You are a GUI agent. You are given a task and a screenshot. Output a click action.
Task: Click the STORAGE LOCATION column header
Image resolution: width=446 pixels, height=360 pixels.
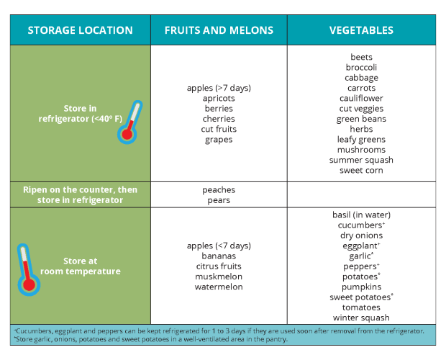click(x=80, y=30)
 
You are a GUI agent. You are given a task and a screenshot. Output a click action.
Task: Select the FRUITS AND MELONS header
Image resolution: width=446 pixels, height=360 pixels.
click(x=219, y=30)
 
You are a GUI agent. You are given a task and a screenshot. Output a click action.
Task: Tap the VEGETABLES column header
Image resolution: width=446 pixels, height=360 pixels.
click(x=361, y=30)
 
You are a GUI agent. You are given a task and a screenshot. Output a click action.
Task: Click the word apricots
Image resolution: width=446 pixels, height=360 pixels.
click(x=219, y=99)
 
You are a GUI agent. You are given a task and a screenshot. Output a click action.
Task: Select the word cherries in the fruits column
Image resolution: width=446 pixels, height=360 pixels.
click(x=219, y=119)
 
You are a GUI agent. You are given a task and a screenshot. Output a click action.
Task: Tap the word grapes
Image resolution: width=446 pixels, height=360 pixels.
click(x=219, y=140)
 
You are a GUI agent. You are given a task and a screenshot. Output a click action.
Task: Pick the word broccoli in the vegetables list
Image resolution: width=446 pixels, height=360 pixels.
click(x=361, y=68)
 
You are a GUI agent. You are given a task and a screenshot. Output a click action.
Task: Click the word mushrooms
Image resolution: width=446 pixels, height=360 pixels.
click(x=361, y=150)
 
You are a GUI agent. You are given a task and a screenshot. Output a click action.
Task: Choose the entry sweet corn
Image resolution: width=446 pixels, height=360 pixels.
click(x=361, y=171)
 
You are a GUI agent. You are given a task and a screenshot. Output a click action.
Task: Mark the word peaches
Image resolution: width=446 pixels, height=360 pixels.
click(x=219, y=190)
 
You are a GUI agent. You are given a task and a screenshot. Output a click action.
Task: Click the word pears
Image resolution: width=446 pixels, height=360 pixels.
click(x=219, y=200)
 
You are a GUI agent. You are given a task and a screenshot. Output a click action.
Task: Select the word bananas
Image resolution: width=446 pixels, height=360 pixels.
click(x=219, y=256)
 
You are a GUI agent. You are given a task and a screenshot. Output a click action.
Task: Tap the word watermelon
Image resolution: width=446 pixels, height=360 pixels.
click(x=219, y=287)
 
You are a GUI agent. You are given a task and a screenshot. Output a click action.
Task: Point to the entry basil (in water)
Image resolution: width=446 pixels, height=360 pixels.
click(x=361, y=215)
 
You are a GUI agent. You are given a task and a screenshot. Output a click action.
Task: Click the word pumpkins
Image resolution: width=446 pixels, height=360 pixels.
click(x=361, y=287)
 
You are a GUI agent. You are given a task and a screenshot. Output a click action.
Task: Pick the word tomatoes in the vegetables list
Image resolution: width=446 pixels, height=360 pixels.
click(x=361, y=307)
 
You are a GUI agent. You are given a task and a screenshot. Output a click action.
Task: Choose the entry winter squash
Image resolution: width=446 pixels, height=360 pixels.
click(x=361, y=318)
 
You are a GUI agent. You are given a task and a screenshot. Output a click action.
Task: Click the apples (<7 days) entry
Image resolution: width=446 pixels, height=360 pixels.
click(x=219, y=246)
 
